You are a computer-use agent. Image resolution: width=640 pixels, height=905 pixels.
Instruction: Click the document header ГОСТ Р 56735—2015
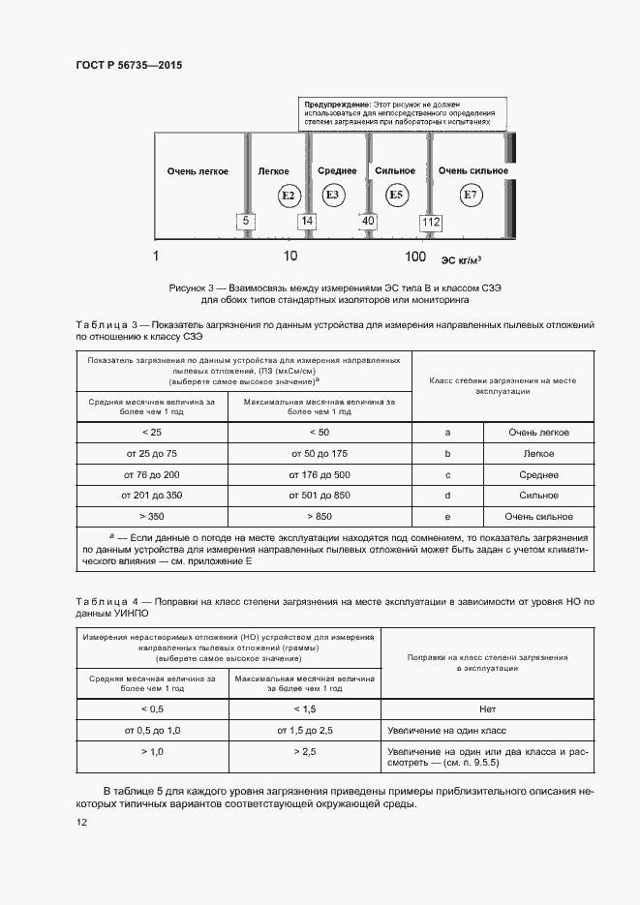pyautogui.click(x=129, y=65)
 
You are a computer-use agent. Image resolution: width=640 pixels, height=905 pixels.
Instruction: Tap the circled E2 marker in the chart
pyautogui.click(x=287, y=196)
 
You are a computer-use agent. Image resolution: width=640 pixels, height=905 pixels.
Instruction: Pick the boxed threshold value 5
pyautogui.click(x=246, y=222)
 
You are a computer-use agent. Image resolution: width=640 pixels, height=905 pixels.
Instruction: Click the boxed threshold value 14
pyautogui.click(x=307, y=222)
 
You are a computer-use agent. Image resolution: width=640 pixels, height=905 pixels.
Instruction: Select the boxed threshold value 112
pyautogui.click(x=430, y=223)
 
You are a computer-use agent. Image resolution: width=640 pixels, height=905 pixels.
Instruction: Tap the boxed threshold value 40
pyautogui.click(x=368, y=222)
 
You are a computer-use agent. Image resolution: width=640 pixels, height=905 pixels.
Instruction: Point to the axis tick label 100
pyautogui.click(x=414, y=256)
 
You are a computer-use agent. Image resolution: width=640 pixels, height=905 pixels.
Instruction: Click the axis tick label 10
pyautogui.click(x=290, y=256)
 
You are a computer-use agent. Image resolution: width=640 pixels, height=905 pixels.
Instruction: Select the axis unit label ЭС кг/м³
pyautogui.click(x=462, y=258)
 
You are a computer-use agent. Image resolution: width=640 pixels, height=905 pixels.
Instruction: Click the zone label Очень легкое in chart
pyautogui.click(x=198, y=171)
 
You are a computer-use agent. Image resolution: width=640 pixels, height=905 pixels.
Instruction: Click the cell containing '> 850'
pyautogui.click(x=320, y=516)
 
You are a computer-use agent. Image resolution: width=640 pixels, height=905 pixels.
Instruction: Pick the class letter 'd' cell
pyautogui.click(x=447, y=496)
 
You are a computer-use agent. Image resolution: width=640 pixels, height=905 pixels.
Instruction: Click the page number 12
pyautogui.click(x=82, y=823)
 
